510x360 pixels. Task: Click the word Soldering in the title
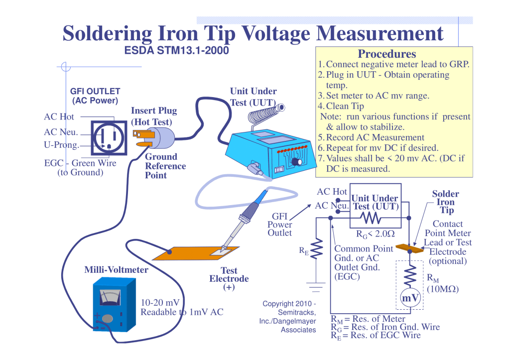(x=107, y=33)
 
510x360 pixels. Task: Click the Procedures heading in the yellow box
(x=386, y=54)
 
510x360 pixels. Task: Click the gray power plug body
(x=160, y=137)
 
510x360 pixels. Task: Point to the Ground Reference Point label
(x=165, y=166)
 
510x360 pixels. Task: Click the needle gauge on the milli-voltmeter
(x=110, y=297)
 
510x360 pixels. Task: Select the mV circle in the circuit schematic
(x=410, y=297)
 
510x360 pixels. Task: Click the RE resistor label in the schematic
(x=303, y=252)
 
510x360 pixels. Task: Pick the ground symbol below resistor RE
(x=316, y=287)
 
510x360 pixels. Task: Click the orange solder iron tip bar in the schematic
(x=409, y=247)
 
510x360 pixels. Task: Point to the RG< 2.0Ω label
(x=375, y=234)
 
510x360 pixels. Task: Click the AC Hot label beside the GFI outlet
(x=59, y=117)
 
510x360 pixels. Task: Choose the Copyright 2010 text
(x=289, y=303)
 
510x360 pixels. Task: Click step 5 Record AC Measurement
(x=371, y=137)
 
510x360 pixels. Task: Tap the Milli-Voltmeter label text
(x=116, y=270)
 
